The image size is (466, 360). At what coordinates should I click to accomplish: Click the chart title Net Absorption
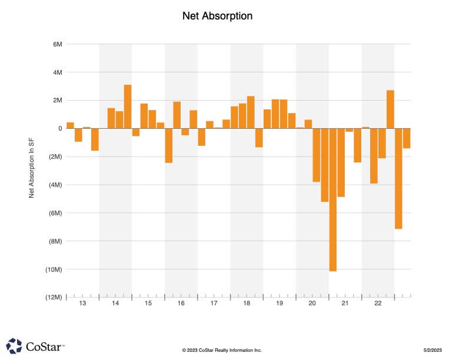pos(218,16)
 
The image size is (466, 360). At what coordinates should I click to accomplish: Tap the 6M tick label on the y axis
pos(58,44)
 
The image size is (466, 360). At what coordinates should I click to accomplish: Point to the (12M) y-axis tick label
pos(54,298)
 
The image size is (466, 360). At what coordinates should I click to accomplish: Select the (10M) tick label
pos(54,269)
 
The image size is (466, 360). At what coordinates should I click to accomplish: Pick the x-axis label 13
pos(82,304)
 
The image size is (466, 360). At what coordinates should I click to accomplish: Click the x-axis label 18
pos(247,304)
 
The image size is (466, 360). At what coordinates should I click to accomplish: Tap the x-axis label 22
pos(378,304)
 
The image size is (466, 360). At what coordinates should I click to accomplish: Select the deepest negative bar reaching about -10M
pos(333,199)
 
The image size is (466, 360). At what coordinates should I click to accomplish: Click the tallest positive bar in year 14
pos(128,106)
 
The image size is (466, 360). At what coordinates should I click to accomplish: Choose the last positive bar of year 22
pos(390,109)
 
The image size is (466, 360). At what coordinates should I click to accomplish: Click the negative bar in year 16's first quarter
pos(169,145)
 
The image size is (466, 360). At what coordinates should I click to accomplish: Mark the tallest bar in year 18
pos(251,112)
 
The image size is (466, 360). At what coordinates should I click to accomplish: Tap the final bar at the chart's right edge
pos(407,138)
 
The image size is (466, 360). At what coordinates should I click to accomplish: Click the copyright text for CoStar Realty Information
pos(222,350)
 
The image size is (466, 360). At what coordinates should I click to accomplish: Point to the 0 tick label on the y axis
pos(60,128)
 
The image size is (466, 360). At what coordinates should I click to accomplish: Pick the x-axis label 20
pos(312,304)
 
